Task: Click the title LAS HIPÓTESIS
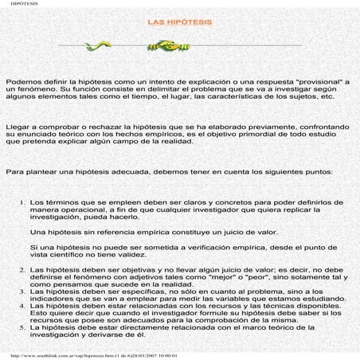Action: (179, 22)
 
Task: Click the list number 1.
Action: (22, 203)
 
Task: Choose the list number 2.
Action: (22, 270)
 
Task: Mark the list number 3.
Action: (22, 292)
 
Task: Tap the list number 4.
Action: (22, 306)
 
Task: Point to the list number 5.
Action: (22, 327)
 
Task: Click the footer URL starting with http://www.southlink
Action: (88, 355)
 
